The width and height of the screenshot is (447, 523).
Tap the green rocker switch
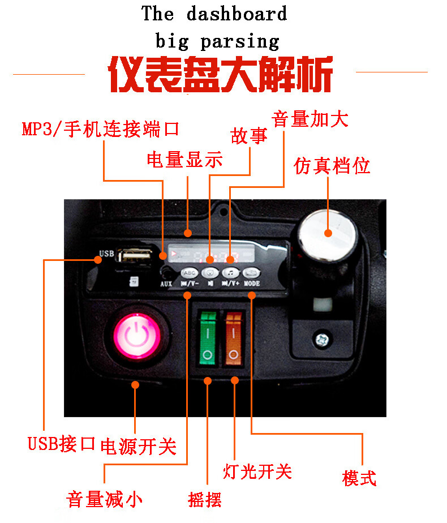[x=207, y=337]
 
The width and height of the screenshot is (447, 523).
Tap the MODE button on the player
[x=252, y=272]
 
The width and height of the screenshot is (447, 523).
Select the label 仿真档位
[x=332, y=166]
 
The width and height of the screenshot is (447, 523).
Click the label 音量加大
[x=310, y=119]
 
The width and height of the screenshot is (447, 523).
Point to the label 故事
[x=249, y=136]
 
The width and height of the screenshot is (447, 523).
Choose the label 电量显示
[x=184, y=160]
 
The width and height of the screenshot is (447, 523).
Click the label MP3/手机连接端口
[x=101, y=129]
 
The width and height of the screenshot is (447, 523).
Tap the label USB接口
[x=61, y=444]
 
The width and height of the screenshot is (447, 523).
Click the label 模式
[x=359, y=478]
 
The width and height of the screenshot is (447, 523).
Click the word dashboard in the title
[x=237, y=14]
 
